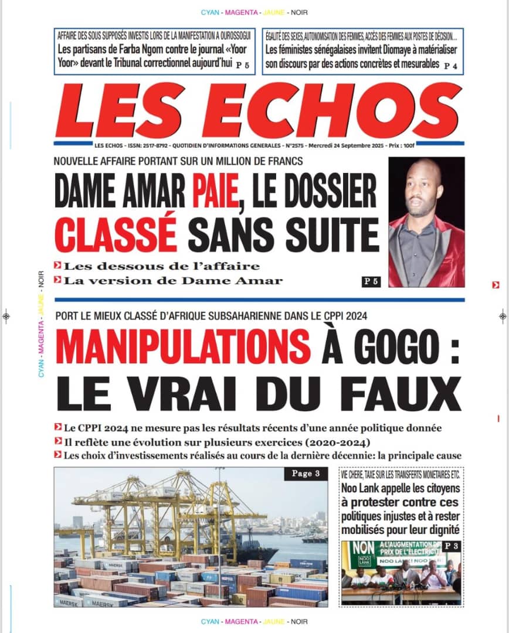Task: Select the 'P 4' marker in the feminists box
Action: pyautogui.click(x=450, y=66)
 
